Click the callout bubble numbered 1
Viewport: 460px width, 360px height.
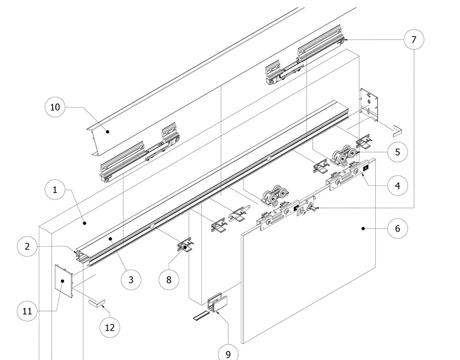55,189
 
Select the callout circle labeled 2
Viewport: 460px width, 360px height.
27,246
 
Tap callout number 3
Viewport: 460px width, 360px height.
131,279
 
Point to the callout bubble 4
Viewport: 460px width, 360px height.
397,185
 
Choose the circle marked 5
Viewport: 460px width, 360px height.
397,152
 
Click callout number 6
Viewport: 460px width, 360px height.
397,229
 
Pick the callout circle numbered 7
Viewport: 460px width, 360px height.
414,40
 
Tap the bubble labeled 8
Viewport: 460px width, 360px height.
169,279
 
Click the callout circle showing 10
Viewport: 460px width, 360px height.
55,107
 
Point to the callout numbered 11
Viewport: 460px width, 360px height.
27,311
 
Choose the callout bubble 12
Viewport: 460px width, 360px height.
110,328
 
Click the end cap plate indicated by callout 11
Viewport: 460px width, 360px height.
63,281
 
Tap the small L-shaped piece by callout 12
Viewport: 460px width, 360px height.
96,303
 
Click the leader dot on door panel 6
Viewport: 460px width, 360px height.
363,229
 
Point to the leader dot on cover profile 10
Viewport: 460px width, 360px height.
107,131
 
